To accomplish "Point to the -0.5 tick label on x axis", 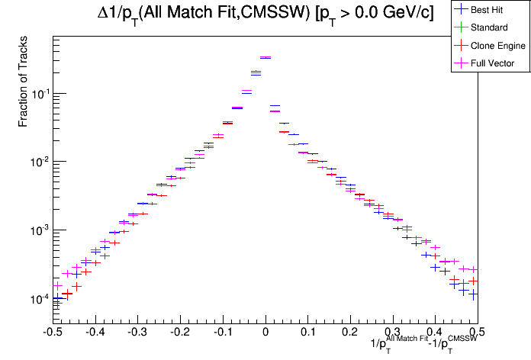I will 52,333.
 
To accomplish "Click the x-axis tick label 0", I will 265,333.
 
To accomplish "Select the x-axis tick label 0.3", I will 393,333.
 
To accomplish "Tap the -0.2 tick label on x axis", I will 179,333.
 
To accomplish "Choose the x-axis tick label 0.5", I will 478,333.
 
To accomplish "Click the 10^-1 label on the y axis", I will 36,93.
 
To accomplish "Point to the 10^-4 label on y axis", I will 36,299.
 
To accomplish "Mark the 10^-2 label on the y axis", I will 36,162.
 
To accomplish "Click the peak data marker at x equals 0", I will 265,57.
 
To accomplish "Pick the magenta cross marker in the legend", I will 460,63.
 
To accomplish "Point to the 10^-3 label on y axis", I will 36,230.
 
